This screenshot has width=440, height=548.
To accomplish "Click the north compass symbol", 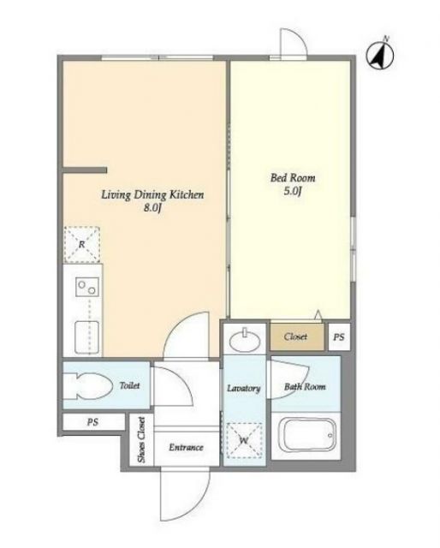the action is point(380,54).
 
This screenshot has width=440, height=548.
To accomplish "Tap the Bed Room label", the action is point(293,178).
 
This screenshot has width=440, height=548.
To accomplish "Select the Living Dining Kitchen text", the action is point(152,194).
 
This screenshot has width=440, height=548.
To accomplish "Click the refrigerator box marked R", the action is point(82,244).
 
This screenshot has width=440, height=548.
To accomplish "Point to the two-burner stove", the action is point(87,287).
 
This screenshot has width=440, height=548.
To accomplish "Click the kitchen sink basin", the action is point(86,337).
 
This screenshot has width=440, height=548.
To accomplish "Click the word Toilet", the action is point(129,385).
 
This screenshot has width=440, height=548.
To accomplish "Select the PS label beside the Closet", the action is point(339,337).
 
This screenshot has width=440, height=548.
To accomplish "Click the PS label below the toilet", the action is point(92,422).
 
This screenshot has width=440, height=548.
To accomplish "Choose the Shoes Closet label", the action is point(141,439).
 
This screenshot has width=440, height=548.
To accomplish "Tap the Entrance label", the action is point(186,447).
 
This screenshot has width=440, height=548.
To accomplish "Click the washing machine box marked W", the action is point(244,440).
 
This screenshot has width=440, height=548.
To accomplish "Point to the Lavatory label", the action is point(244,388).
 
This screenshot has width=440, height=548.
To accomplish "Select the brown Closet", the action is point(297,337).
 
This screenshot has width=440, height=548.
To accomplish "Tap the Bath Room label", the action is point(305,386).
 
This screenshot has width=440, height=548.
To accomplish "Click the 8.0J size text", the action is point(152,208).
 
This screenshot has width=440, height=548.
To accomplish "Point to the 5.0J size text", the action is point(293,191).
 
